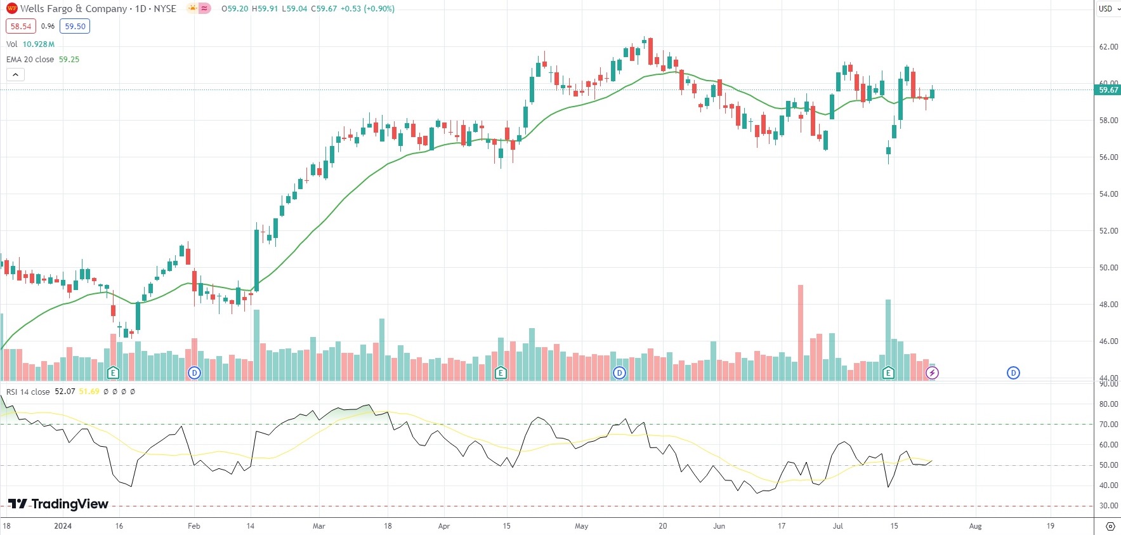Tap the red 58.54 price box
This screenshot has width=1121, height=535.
coord(21,27)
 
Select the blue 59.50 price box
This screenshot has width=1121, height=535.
coord(75,27)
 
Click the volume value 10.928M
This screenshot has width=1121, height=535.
coord(39,44)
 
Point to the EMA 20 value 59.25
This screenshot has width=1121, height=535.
coord(69,60)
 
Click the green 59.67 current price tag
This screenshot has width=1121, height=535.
coord(1108,90)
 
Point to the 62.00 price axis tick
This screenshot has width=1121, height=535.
coord(1108,47)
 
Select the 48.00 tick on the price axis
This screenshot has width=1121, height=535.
coord(1108,305)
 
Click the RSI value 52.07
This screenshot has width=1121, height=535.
coord(65,392)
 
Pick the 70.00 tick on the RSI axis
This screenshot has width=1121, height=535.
coord(1108,425)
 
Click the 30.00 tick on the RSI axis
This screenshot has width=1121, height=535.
coord(1108,506)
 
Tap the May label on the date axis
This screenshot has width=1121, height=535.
coord(581,526)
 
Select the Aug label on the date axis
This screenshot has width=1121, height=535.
coord(975,526)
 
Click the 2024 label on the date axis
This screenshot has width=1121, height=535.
coord(63,526)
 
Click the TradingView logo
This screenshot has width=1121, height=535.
coord(58,504)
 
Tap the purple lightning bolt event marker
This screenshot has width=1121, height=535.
coord(932,373)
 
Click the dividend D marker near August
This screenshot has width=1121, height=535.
coord(1013,373)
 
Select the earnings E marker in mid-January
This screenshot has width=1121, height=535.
coord(113,373)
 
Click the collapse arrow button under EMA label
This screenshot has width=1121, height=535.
coord(15,75)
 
